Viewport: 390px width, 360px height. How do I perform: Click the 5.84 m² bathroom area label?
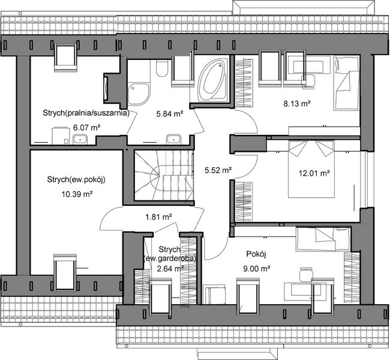169,112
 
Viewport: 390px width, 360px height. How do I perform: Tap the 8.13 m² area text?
296,103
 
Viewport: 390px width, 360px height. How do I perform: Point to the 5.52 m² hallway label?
217,170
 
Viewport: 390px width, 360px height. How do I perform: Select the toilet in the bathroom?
161,70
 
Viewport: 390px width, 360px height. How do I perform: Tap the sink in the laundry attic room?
80,140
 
